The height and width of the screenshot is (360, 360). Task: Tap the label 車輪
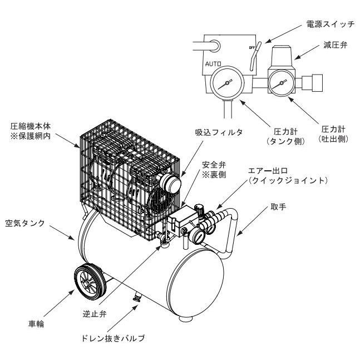34,322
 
